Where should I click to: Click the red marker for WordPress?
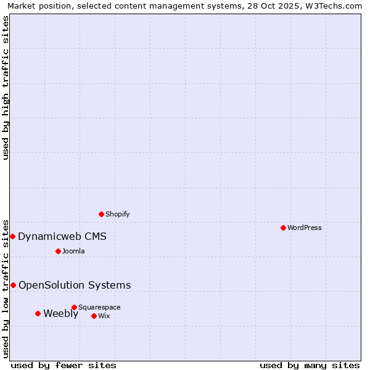pyautogui.click(x=283, y=228)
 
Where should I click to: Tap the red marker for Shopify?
pyautogui.click(x=102, y=214)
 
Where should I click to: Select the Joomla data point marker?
pyautogui.click(x=58, y=251)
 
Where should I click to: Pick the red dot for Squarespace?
pyautogui.click(x=74, y=307)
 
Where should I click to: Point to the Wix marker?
pyautogui.click(x=94, y=316)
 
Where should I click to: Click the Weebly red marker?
pyautogui.click(x=38, y=313)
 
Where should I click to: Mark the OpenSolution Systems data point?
pyautogui.click(x=13, y=285)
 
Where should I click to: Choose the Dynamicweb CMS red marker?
pyautogui.click(x=12, y=236)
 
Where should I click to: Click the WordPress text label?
pyautogui.click(x=304, y=228)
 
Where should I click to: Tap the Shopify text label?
pyautogui.click(x=117, y=214)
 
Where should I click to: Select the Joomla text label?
pyautogui.click(x=73, y=251)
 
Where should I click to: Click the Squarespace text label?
pyautogui.click(x=99, y=307)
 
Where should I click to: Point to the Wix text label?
pyautogui.click(x=104, y=316)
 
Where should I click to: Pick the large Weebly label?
pyautogui.click(x=60, y=313)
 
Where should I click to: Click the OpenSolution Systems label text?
pyautogui.click(x=75, y=285)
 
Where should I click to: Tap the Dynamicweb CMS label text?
pyautogui.click(x=62, y=236)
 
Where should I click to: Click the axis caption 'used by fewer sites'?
pyautogui.click(x=64, y=365)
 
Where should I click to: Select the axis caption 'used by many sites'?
pyautogui.click(x=310, y=365)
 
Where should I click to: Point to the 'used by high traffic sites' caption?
pyautogui.click(x=6, y=88)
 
